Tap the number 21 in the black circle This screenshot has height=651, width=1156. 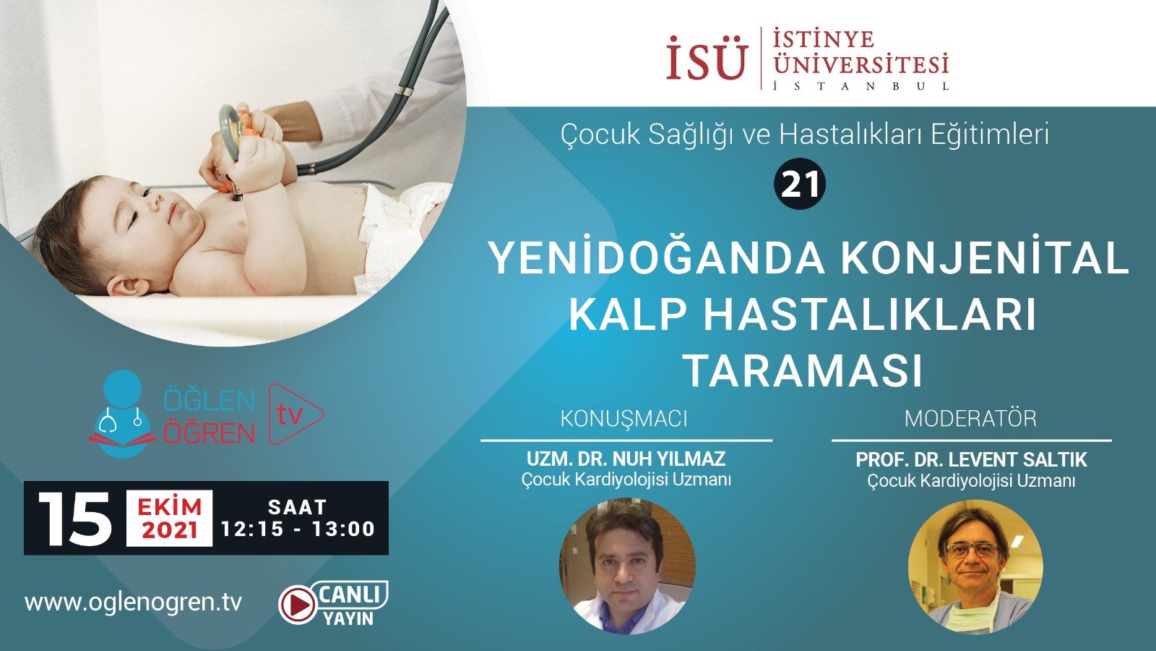point(800,185)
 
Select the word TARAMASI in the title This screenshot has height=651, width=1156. point(803,371)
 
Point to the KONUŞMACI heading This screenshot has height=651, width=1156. point(624,418)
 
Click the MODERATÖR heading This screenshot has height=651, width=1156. point(970,418)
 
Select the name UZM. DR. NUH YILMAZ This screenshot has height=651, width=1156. point(626,459)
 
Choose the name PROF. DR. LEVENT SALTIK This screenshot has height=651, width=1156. point(971,459)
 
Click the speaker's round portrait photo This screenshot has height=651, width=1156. point(627,566)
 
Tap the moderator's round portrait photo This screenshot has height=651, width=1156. point(975,566)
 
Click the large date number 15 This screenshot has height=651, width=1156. point(74,519)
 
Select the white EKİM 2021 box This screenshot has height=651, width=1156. point(170,519)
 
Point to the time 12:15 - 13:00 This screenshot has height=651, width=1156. point(298,529)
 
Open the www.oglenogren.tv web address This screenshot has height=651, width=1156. point(134,602)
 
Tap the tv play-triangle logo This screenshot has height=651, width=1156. point(294,414)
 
